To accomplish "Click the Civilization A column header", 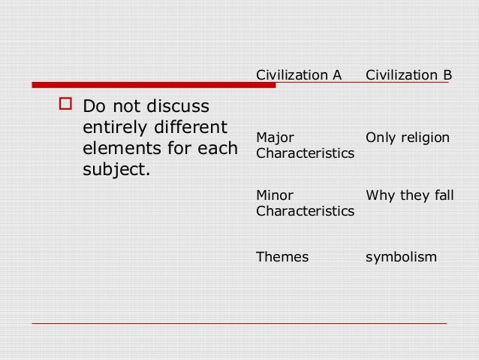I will (x=299, y=75).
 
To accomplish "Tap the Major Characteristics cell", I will (x=305, y=145).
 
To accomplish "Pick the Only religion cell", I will (x=408, y=138).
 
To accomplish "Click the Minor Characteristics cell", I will (x=305, y=204).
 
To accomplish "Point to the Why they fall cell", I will (x=409, y=196).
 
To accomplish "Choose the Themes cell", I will (x=282, y=256).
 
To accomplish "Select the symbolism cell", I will (x=401, y=256).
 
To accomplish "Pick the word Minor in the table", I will (x=274, y=196).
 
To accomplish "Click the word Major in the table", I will (x=275, y=138).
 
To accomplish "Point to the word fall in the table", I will (x=444, y=196).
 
